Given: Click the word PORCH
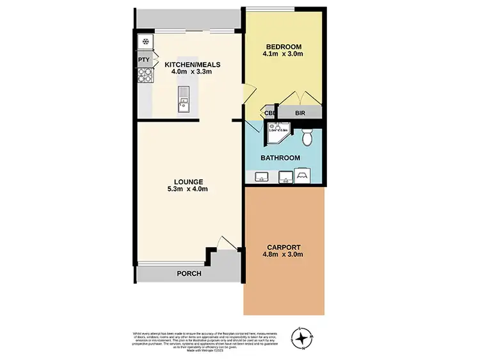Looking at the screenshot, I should point(189,274).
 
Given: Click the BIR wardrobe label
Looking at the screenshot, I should point(300,114).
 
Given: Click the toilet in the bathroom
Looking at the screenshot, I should point(307,136).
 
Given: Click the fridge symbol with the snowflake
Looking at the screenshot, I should point(145,42).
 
